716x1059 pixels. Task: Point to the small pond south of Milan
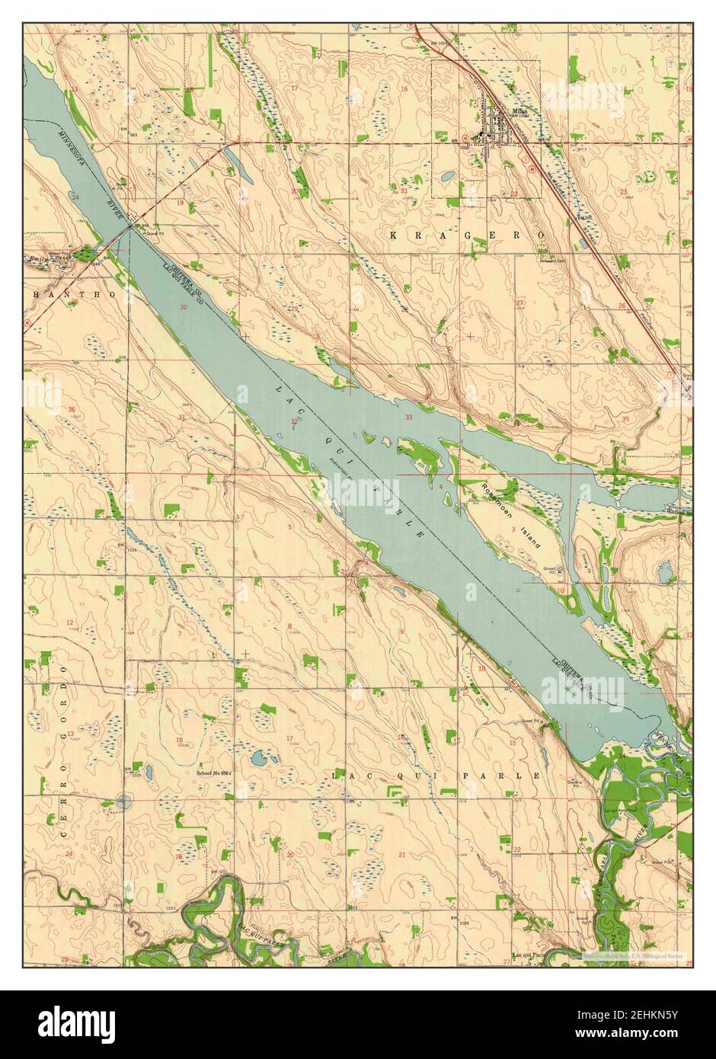[x=448, y=176]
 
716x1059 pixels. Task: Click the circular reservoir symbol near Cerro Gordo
[x=124, y=801]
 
